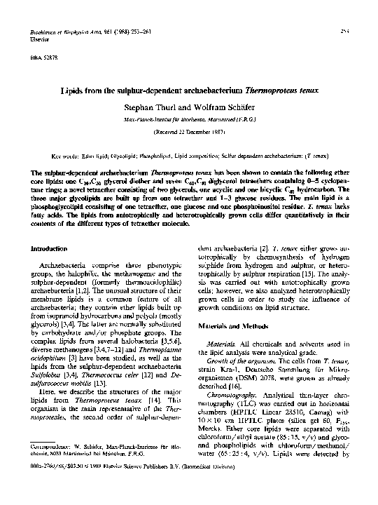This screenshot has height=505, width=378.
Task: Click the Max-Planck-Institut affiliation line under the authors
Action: click(188, 120)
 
